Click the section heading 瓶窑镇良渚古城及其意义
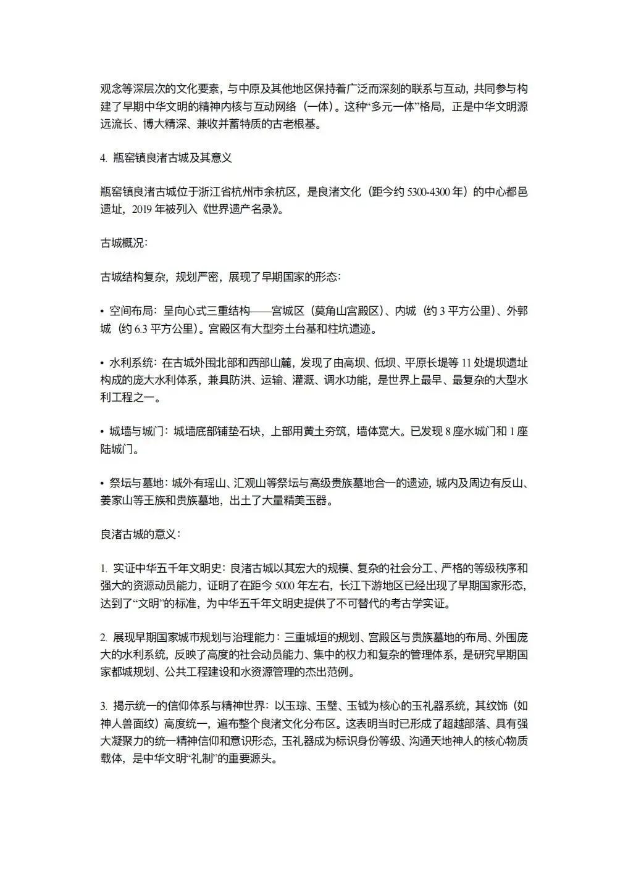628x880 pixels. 172,158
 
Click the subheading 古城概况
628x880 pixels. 123,243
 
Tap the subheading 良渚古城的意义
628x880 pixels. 140,533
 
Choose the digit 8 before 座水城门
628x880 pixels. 448,431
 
